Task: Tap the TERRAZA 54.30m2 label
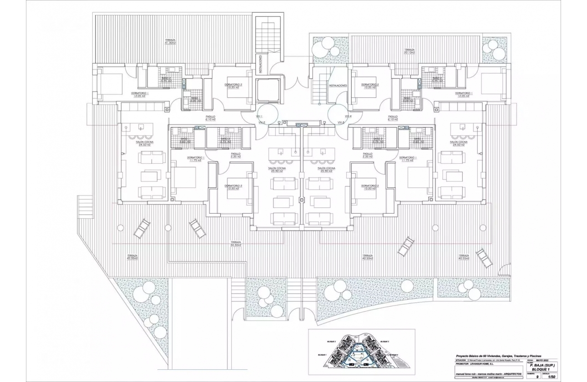pos(235,244)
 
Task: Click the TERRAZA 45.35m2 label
pos(132,257)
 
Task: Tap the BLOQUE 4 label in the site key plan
pos(394,355)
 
